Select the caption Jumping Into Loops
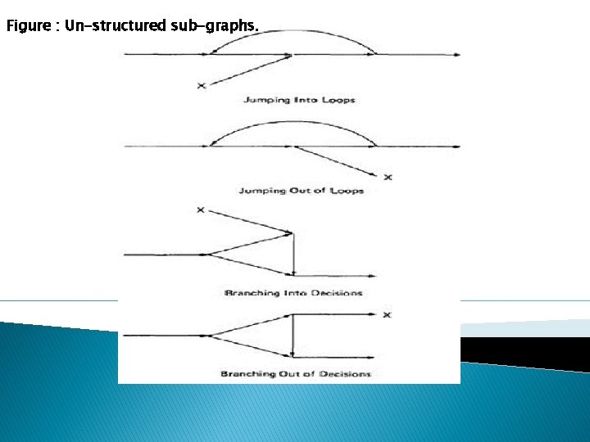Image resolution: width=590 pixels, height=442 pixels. pos(299,100)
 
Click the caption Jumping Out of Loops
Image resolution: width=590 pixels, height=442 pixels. pos(301,191)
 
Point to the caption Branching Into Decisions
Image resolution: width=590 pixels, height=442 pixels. pos(293,292)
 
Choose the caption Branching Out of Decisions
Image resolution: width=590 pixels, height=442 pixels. pos(295,374)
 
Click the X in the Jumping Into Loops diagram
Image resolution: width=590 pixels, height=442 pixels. pos(201,85)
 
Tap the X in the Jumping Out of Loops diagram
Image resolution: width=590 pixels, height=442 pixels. pos(388,177)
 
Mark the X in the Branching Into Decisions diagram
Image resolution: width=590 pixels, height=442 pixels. pos(201,210)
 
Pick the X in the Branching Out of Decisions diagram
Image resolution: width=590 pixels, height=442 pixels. pos(388,314)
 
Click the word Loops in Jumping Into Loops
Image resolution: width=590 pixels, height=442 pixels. pos(338,100)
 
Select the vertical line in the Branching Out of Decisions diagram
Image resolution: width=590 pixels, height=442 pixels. pos(293,336)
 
